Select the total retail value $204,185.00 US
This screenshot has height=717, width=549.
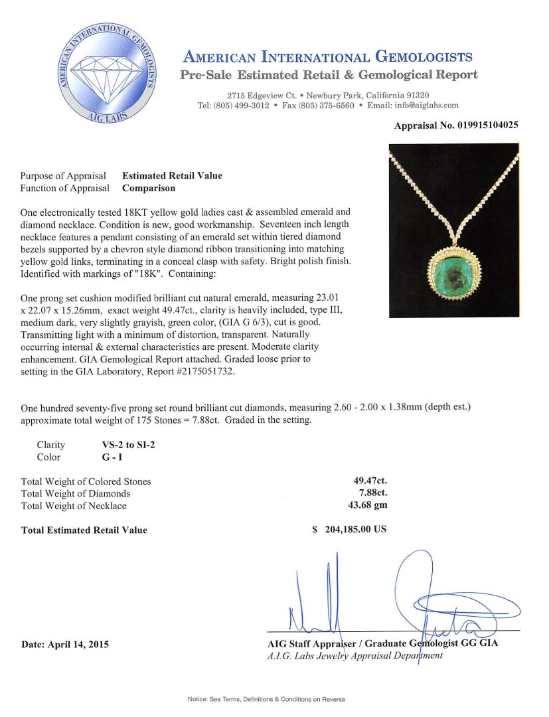(349, 530)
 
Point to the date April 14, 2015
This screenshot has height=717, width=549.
(65, 644)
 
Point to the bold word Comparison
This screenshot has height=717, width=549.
(149, 188)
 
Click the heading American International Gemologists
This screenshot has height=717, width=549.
(328, 57)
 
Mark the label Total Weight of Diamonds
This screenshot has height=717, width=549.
(76, 493)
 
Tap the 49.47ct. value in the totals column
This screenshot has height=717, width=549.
(370, 481)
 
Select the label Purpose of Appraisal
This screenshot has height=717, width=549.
(63, 176)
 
